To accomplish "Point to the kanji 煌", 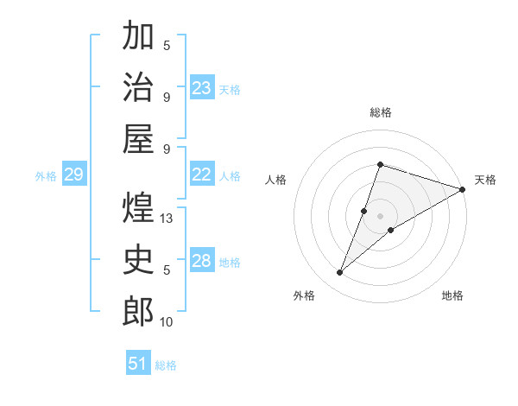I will [x=138, y=208].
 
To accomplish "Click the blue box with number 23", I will [x=202, y=87].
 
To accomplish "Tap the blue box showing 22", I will [x=202, y=174].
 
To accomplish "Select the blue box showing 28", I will [x=202, y=261].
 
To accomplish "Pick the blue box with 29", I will [x=73, y=175].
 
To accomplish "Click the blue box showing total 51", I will [x=138, y=364].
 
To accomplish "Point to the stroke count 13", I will [x=167, y=219].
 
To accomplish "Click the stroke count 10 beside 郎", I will [x=167, y=322].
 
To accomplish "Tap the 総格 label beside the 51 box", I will [x=166, y=365].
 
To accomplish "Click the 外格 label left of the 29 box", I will [x=46, y=176].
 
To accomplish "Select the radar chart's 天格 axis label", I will [x=485, y=180].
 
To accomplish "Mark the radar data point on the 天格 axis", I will [x=462, y=189].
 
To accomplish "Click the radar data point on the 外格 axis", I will [x=340, y=273].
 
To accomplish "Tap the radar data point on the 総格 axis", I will [x=380, y=164].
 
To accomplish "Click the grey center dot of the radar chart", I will [x=380, y=215].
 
